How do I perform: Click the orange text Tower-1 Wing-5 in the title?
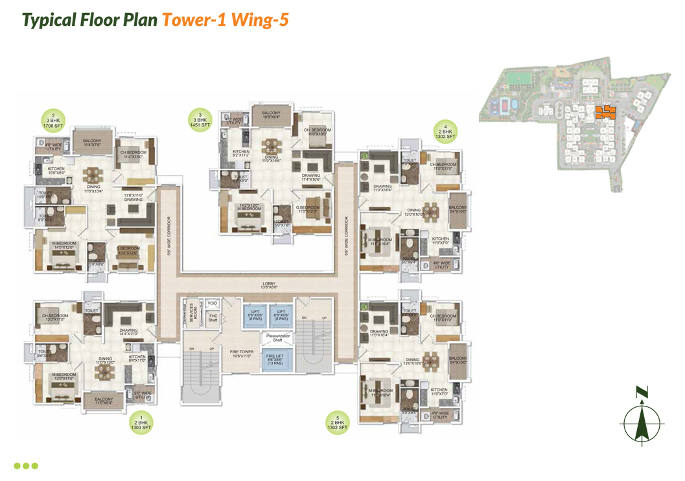225,19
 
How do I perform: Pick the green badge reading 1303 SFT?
141,425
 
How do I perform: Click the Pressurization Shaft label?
277,338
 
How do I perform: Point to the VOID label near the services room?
213,303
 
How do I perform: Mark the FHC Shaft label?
213,318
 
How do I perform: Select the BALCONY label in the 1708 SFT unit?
92,143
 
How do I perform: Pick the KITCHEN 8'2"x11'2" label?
240,153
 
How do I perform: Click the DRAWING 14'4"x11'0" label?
128,332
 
